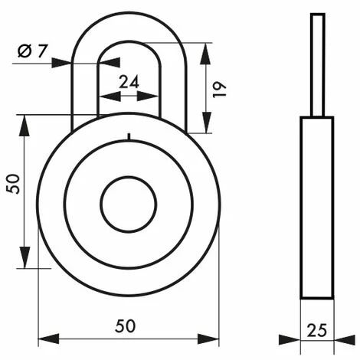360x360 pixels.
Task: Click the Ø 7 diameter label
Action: point(32,51)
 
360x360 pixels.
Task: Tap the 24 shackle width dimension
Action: point(129,82)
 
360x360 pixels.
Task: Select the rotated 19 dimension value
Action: point(219,90)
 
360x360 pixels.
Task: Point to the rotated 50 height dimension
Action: point(13,184)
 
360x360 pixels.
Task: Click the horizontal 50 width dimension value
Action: point(125,326)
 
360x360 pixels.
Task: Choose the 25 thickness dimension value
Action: point(316,330)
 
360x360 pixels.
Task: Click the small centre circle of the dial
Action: point(129,205)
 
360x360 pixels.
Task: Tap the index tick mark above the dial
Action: point(129,137)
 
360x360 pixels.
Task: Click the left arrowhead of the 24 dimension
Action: point(110,97)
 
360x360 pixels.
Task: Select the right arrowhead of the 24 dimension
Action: point(148,97)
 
